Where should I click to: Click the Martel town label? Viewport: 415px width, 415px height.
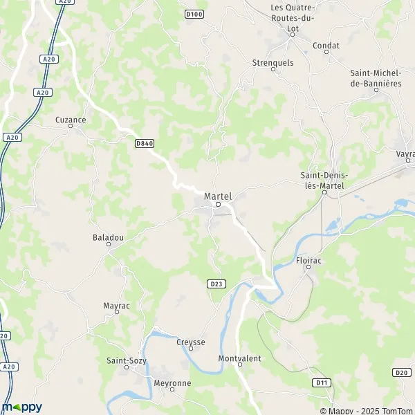(x=218, y=196)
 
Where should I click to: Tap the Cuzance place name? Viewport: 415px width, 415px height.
(x=71, y=120)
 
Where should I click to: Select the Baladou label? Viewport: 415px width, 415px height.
(x=108, y=237)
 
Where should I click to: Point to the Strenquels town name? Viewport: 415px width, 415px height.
(x=273, y=62)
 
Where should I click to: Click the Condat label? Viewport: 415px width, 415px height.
(x=326, y=46)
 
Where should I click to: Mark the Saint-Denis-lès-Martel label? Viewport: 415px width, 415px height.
(x=325, y=180)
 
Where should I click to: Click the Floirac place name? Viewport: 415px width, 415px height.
(x=308, y=262)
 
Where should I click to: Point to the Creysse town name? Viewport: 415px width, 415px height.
(x=190, y=342)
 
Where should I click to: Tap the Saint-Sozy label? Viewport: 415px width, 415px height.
(x=125, y=360)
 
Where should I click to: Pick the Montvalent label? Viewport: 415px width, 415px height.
(x=239, y=358)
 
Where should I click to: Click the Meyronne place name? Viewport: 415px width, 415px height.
(x=172, y=382)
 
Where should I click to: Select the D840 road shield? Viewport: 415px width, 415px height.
(x=144, y=143)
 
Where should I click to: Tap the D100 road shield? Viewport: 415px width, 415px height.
(x=194, y=14)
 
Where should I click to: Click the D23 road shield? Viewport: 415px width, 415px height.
(x=216, y=284)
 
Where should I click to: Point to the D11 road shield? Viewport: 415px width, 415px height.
(x=320, y=382)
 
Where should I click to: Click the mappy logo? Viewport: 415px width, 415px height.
(x=22, y=406)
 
